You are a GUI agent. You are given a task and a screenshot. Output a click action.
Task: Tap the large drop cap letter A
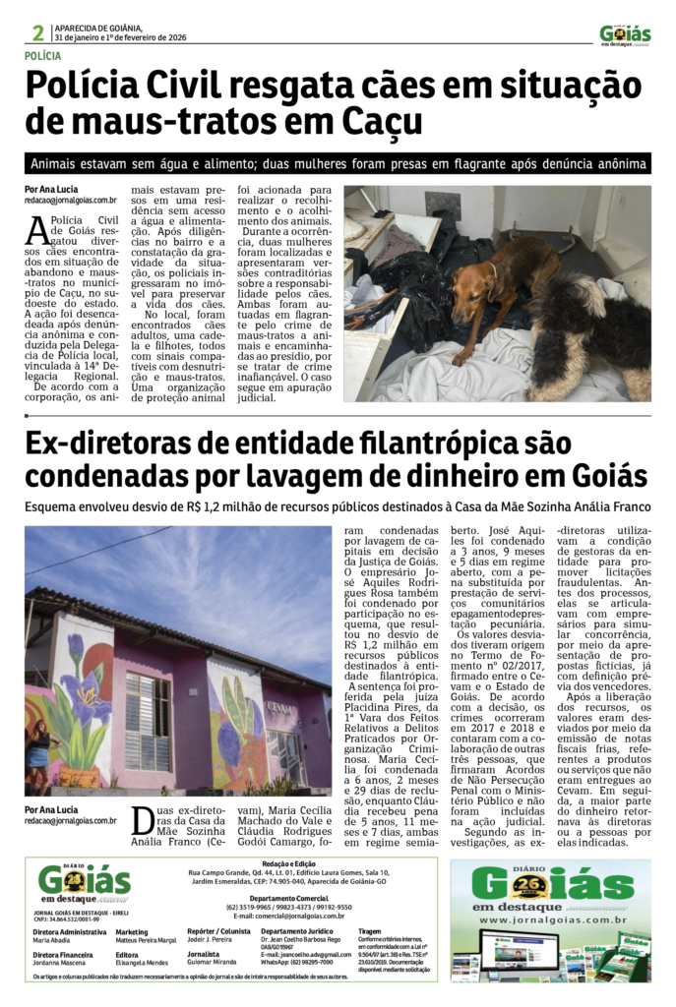[36, 229]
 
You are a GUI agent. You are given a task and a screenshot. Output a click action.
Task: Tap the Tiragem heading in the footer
[370, 929]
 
